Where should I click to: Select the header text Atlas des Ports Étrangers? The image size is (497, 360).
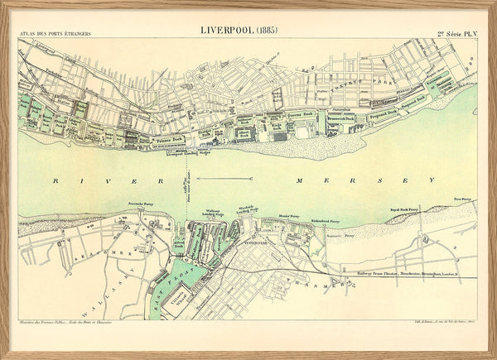pos(56,33)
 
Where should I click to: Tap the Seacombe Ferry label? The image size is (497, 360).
pos(142,204)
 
